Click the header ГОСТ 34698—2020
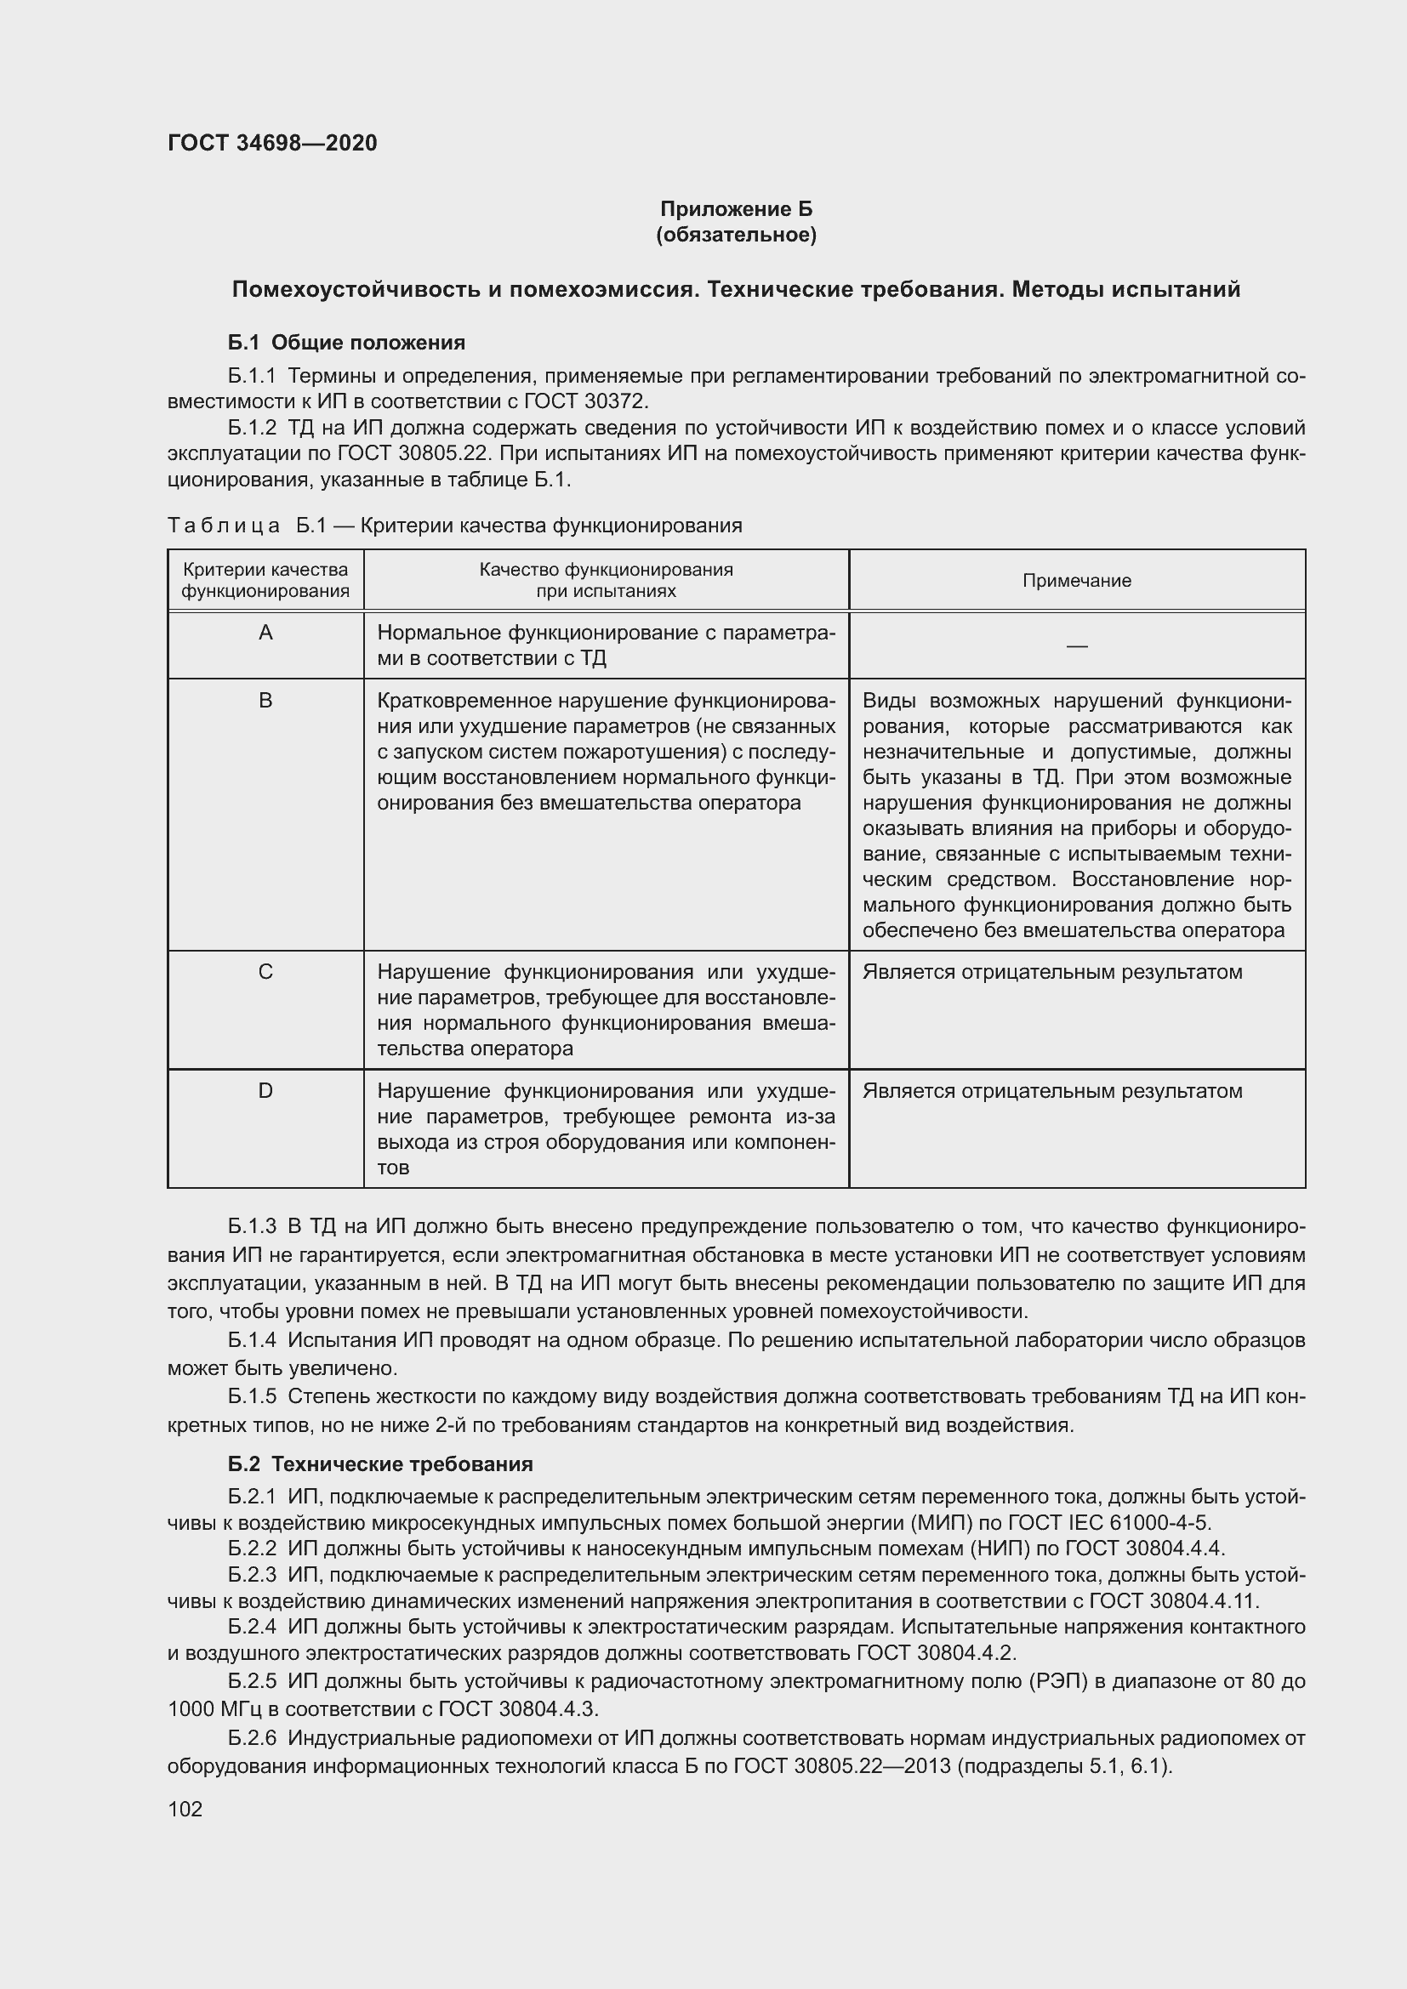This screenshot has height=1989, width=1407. tap(272, 143)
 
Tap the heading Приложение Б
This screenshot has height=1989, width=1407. tap(736, 209)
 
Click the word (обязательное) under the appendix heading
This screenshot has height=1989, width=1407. tap(736, 235)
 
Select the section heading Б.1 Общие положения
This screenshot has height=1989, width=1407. tap(346, 342)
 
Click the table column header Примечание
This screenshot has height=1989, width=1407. tap(1076, 581)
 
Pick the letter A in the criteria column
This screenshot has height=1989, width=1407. tap(266, 634)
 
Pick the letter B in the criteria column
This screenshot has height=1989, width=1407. tap(266, 700)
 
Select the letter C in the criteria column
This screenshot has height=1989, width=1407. tap(266, 972)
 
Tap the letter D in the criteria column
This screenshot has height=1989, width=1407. tap(266, 1091)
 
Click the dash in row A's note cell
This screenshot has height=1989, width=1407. tap(1076, 646)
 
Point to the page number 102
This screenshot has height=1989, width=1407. tap(185, 1809)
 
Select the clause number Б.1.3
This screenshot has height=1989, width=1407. tap(251, 1227)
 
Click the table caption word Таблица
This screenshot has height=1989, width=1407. tap(224, 526)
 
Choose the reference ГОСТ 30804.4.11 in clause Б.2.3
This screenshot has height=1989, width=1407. tap(1174, 1600)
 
